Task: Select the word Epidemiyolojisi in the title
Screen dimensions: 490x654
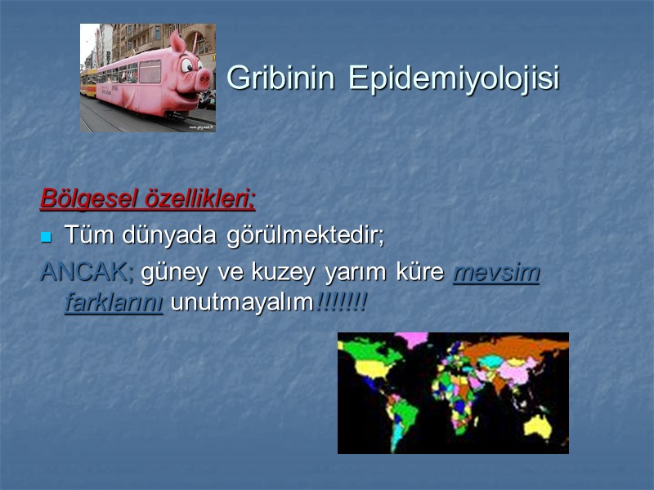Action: pos(454,79)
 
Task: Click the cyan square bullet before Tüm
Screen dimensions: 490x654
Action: pos(46,237)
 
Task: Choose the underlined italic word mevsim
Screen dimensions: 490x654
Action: pos(496,273)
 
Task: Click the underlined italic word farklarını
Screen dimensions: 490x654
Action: pos(114,302)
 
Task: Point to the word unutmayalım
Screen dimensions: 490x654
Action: pos(242,302)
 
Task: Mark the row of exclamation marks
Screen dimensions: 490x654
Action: pos(342,301)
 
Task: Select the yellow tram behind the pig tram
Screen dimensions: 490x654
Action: pos(88,82)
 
